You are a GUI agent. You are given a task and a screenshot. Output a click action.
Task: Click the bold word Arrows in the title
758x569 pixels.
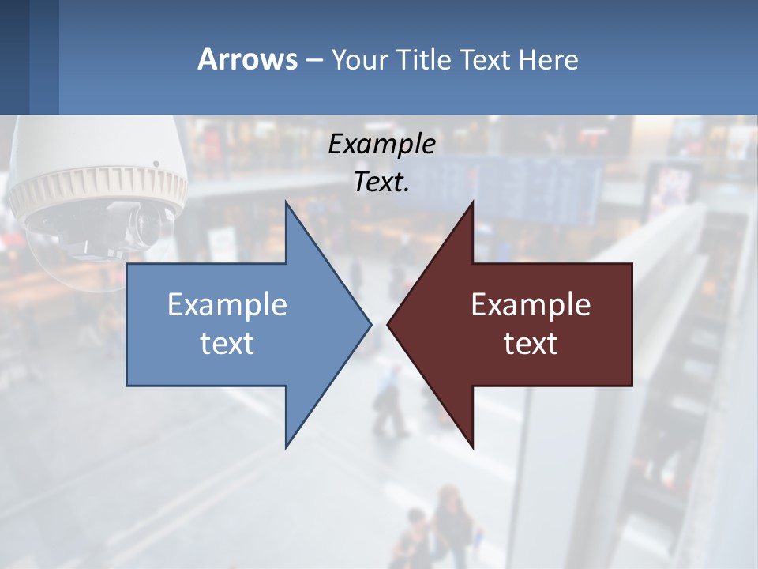[246, 60]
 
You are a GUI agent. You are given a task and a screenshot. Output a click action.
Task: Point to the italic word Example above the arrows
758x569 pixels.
[382, 145]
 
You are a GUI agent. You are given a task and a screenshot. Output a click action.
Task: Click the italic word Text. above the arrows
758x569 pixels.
[382, 182]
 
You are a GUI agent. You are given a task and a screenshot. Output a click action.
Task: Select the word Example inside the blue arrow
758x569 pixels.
[227, 305]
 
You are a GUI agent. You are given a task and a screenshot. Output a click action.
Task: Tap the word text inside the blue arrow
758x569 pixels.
[227, 343]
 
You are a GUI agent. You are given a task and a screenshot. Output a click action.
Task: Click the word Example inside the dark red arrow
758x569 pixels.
[531, 305]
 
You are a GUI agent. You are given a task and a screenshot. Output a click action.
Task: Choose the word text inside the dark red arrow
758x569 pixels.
[531, 343]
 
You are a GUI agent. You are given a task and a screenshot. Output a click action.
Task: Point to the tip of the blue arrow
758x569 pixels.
[370, 324]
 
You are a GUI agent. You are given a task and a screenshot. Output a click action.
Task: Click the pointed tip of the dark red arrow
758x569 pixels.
[388, 324]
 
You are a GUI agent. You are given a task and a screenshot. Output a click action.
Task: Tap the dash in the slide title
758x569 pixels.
[313, 60]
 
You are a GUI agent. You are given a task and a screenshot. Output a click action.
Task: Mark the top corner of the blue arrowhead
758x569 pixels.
[287, 202]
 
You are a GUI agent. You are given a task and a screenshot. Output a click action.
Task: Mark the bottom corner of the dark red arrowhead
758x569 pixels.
[472, 447]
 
